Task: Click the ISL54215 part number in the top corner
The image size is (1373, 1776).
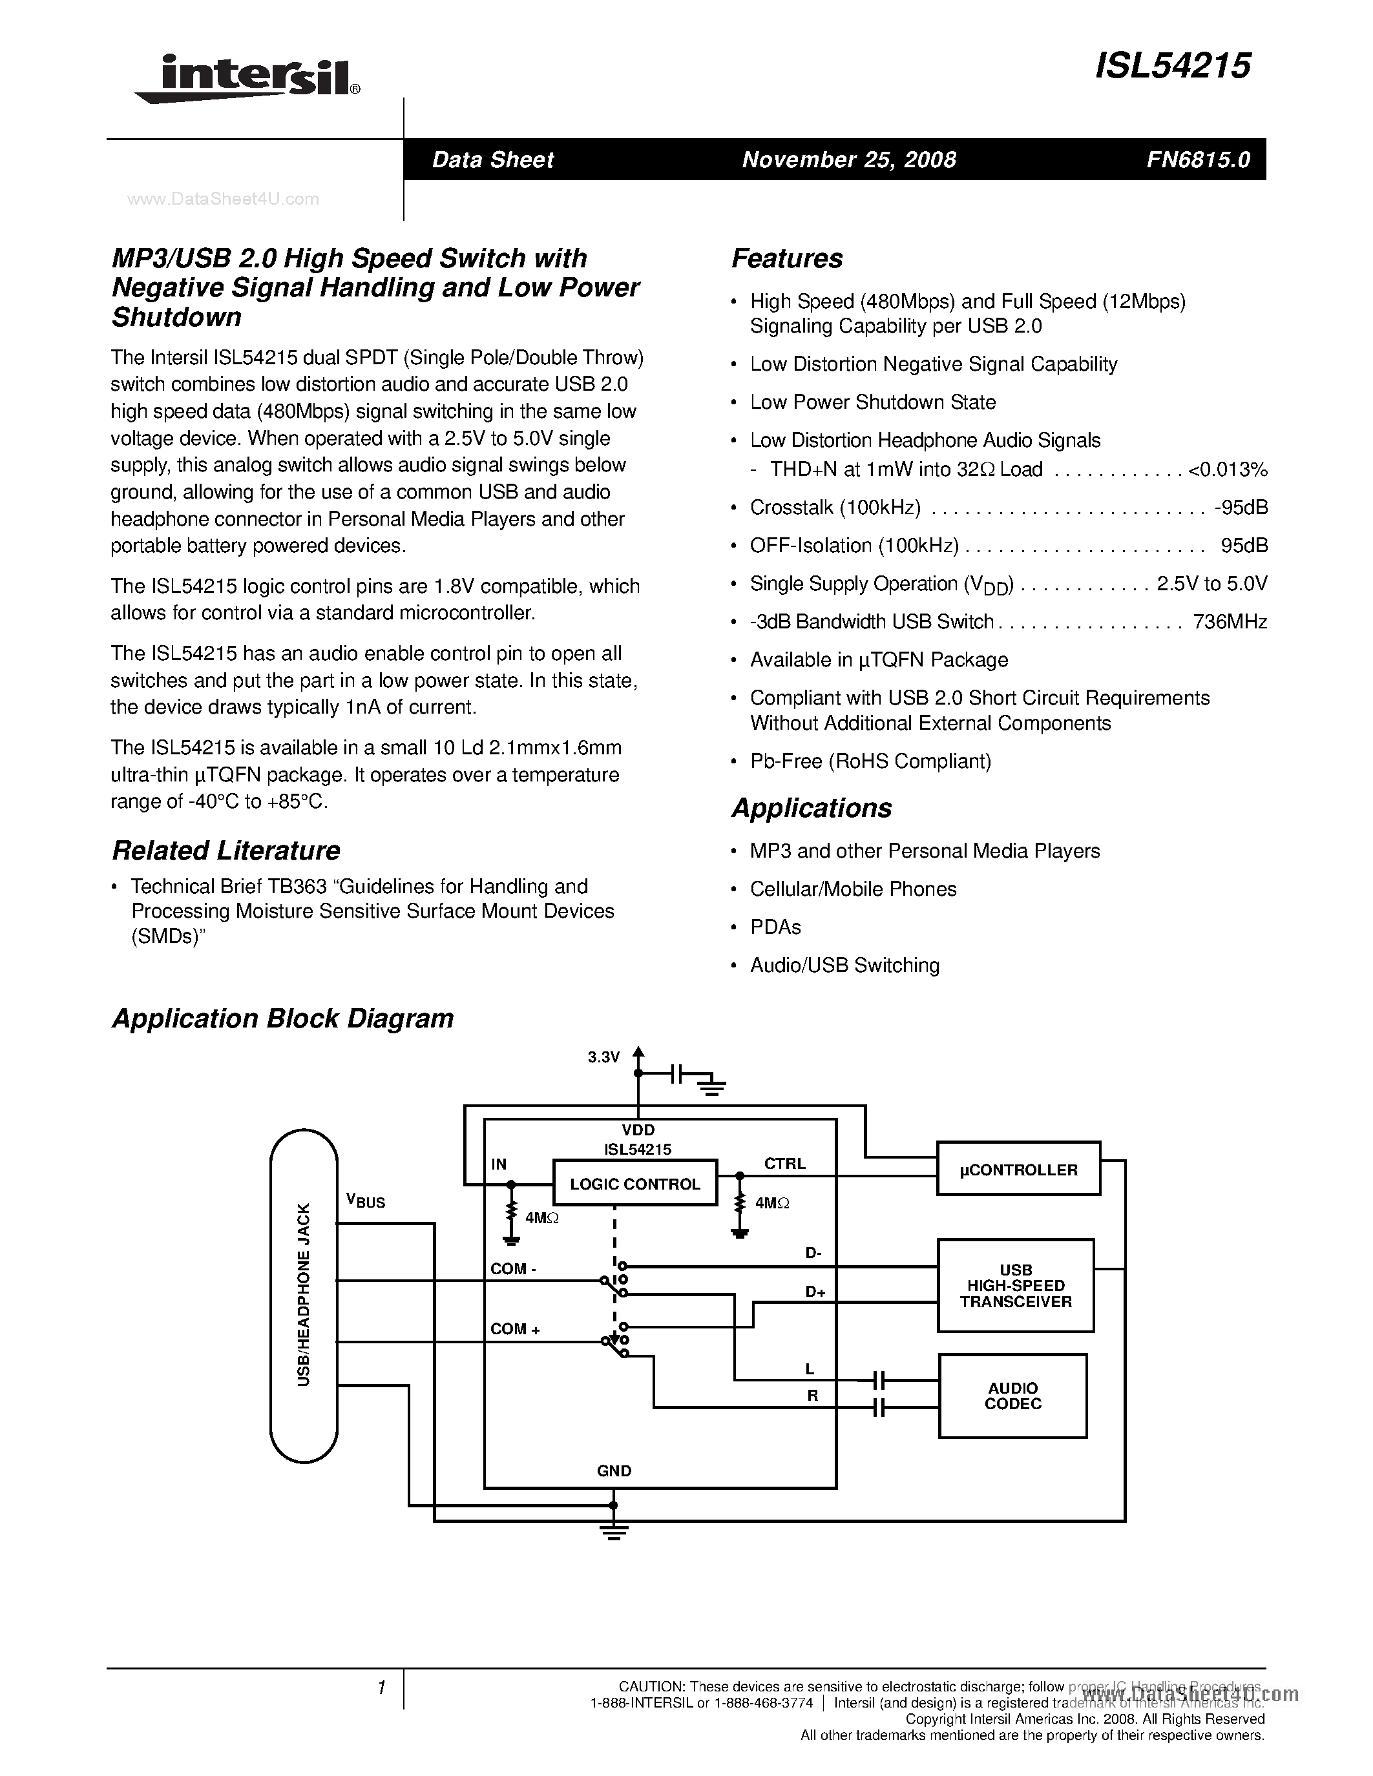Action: click(1172, 66)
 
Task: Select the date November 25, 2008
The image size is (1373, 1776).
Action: click(848, 160)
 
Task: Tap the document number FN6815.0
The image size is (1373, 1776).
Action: click(1197, 160)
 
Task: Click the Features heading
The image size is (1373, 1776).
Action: click(786, 258)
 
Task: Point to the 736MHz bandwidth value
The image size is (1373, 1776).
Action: click(1229, 622)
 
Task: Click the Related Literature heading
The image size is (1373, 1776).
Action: click(225, 851)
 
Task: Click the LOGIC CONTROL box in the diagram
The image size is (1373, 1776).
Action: click(634, 1184)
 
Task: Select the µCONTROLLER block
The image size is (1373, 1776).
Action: click(1018, 1170)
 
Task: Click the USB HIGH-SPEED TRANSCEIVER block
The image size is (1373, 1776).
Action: click(1015, 1286)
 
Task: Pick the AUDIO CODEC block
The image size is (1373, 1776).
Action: click(1012, 1396)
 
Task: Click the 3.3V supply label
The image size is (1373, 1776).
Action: click(603, 1057)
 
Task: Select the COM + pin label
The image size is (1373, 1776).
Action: click(515, 1328)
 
